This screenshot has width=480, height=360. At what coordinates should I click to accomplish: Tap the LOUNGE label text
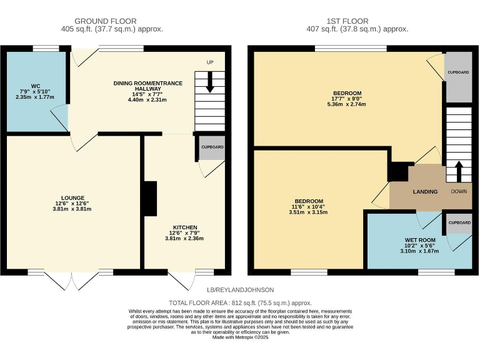click(72, 197)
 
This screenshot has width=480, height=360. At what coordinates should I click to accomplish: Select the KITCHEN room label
click(185, 227)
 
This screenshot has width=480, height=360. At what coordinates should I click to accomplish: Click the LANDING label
click(425, 191)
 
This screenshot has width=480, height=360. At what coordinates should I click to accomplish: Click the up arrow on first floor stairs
click(459, 171)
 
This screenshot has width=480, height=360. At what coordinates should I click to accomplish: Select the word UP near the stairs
click(211, 62)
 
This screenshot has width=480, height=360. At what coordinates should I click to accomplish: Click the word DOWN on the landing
click(459, 191)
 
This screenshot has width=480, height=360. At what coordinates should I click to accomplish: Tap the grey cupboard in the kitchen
click(212, 147)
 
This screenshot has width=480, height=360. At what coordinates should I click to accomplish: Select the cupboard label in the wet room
click(459, 222)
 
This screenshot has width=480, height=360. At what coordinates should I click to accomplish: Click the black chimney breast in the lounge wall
click(149, 199)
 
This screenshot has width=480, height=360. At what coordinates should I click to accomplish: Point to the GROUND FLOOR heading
click(105, 21)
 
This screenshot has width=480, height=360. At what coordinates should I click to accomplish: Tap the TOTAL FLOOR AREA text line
click(240, 302)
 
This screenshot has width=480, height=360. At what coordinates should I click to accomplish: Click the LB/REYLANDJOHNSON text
click(240, 290)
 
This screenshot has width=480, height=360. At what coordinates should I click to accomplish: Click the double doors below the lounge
click(74, 280)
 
